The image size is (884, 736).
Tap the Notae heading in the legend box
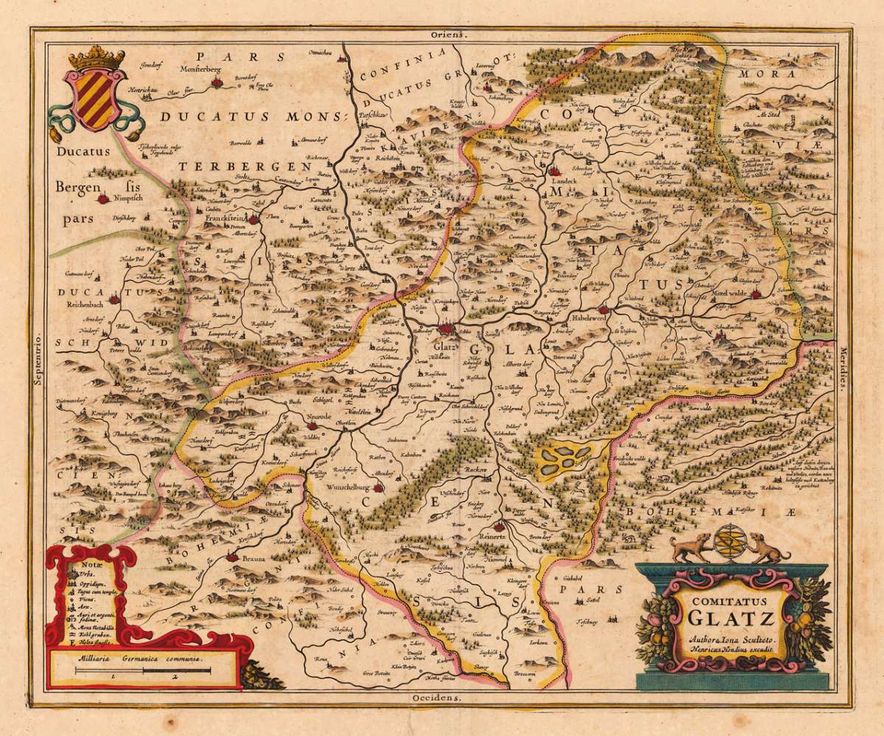click(79, 562)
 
